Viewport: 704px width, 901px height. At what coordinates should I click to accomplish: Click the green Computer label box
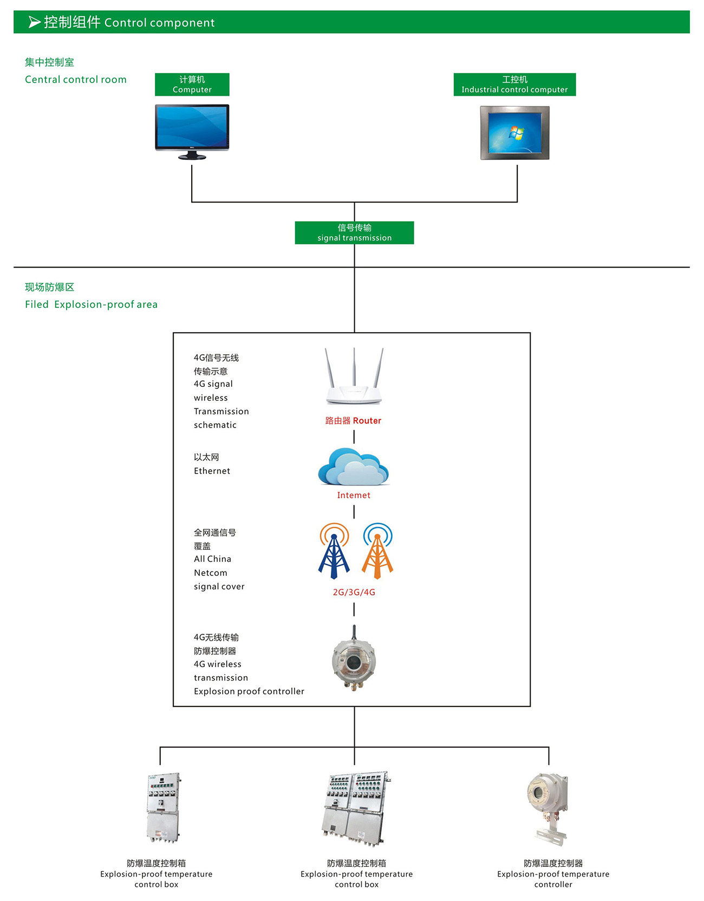coord(192,85)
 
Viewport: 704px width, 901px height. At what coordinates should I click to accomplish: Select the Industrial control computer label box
coord(514,85)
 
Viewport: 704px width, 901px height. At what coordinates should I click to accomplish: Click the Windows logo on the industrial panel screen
coord(517,132)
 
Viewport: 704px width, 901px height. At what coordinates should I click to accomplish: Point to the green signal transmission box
coord(354,232)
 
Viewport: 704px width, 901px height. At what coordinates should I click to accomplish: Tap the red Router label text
coord(353,420)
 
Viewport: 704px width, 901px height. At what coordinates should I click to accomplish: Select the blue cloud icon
coord(353,466)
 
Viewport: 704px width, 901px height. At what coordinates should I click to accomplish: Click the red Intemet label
coord(354,495)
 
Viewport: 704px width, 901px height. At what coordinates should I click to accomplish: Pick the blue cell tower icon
coord(334,550)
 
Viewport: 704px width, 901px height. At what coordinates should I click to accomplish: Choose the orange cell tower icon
coord(377,550)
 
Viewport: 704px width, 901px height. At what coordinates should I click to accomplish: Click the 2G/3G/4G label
coord(354,592)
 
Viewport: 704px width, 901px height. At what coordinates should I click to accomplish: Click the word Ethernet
coord(212,471)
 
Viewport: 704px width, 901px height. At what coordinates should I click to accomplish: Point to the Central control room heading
coord(76,80)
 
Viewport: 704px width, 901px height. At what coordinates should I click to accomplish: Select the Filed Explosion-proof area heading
coord(91,304)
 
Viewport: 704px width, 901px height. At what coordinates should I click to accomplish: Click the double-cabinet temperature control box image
coord(356,808)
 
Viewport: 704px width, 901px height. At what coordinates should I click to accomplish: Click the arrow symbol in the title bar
coord(35,22)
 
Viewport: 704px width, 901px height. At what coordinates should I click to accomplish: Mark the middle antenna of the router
coord(354,366)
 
